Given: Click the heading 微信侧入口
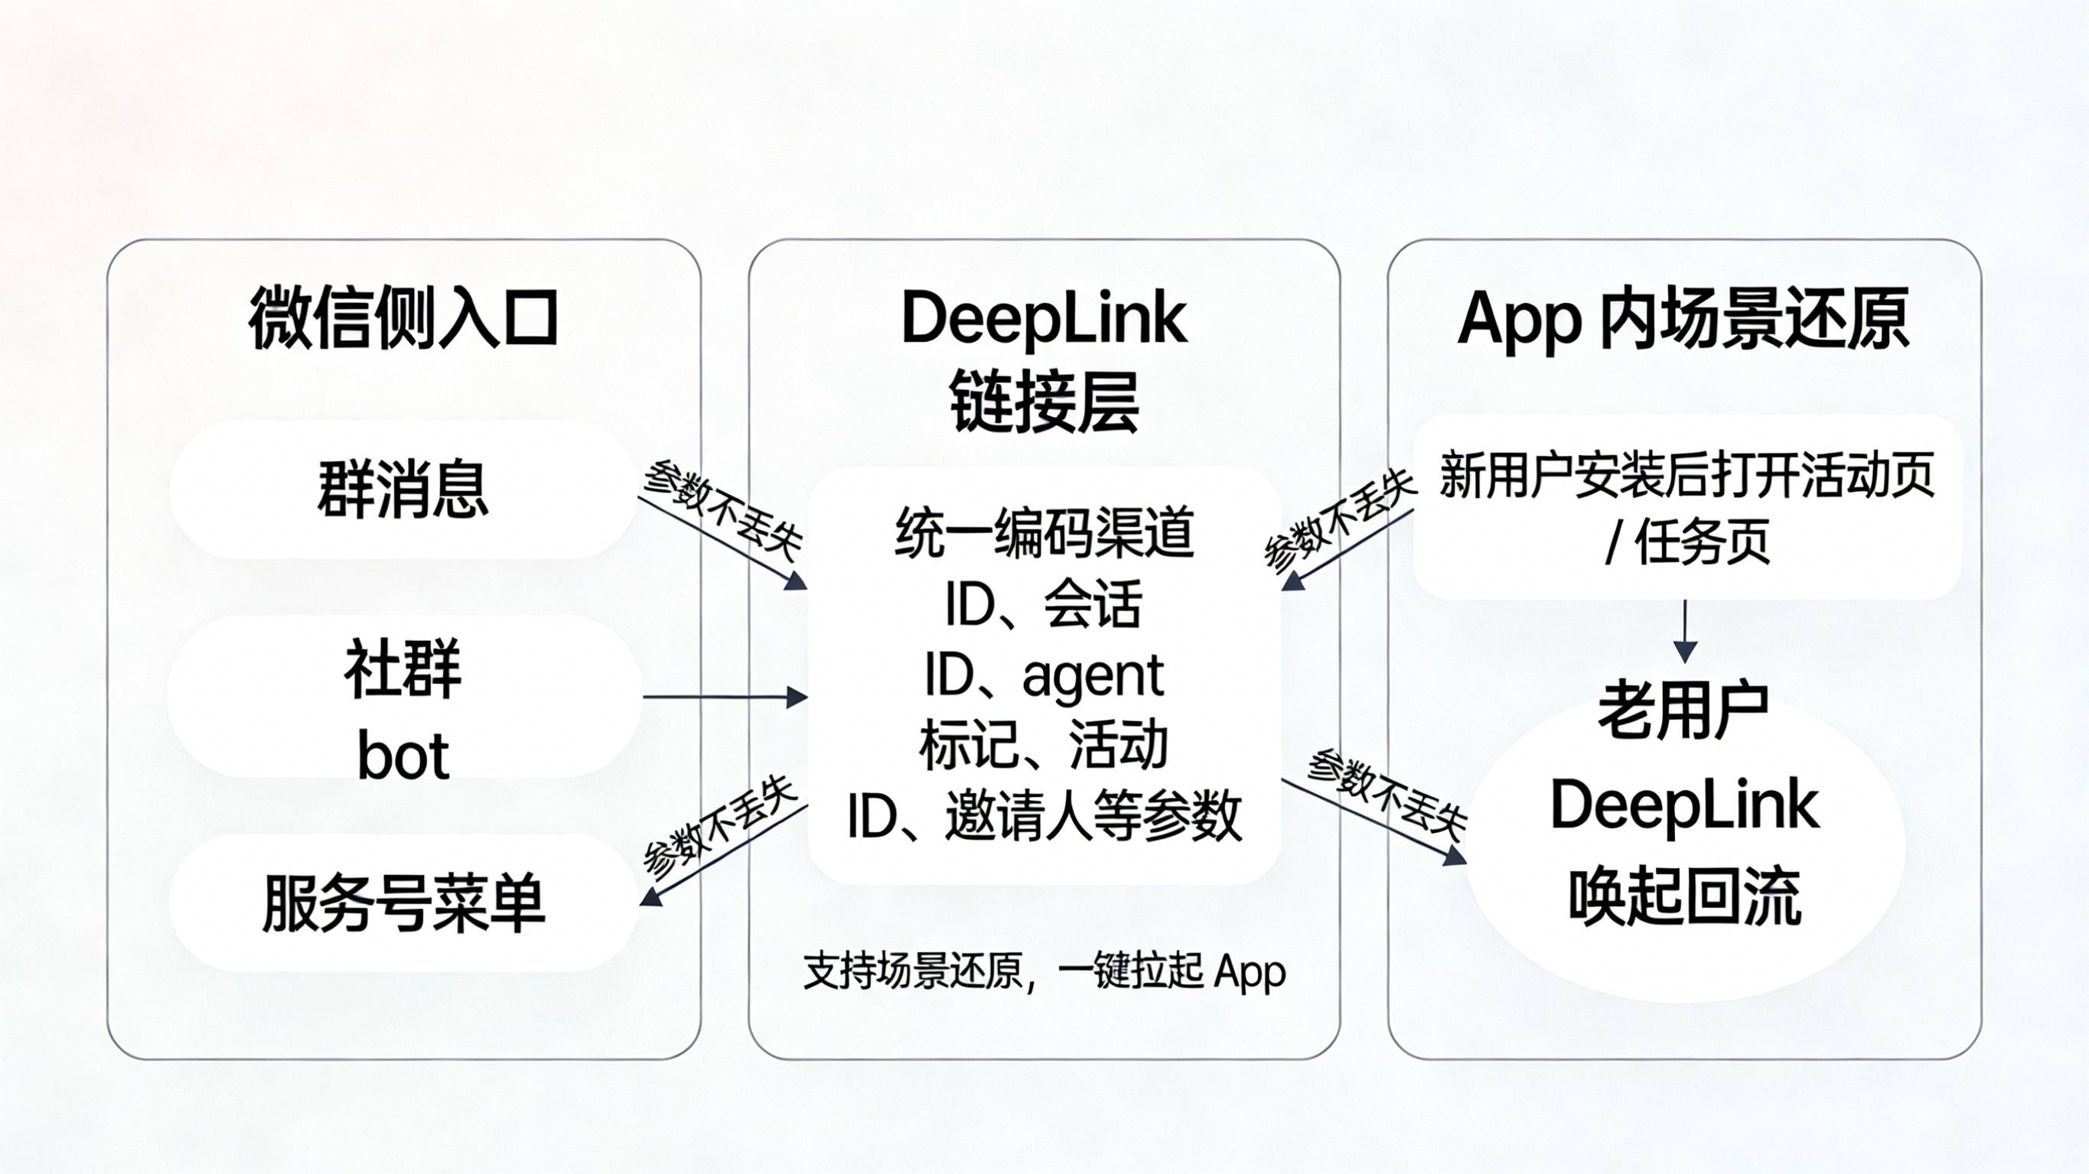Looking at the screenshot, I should point(403,319).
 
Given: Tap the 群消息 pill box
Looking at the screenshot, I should point(403,489).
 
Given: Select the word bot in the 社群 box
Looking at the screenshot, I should point(403,756).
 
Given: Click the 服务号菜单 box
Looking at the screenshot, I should point(403,902).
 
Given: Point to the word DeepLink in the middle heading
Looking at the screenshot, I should point(1044,319).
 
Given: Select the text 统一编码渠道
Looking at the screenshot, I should point(1044,532).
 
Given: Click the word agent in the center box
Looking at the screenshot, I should point(1093,675).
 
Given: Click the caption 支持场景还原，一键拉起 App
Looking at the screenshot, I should point(1044,971).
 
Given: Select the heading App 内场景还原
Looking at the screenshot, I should point(1683,319).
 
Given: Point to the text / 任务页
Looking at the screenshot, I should point(1686,541).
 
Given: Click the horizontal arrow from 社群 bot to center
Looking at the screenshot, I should point(724,697).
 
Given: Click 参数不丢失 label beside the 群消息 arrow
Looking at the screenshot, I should point(722,510).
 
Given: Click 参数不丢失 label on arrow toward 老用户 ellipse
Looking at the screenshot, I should point(1387,795).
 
